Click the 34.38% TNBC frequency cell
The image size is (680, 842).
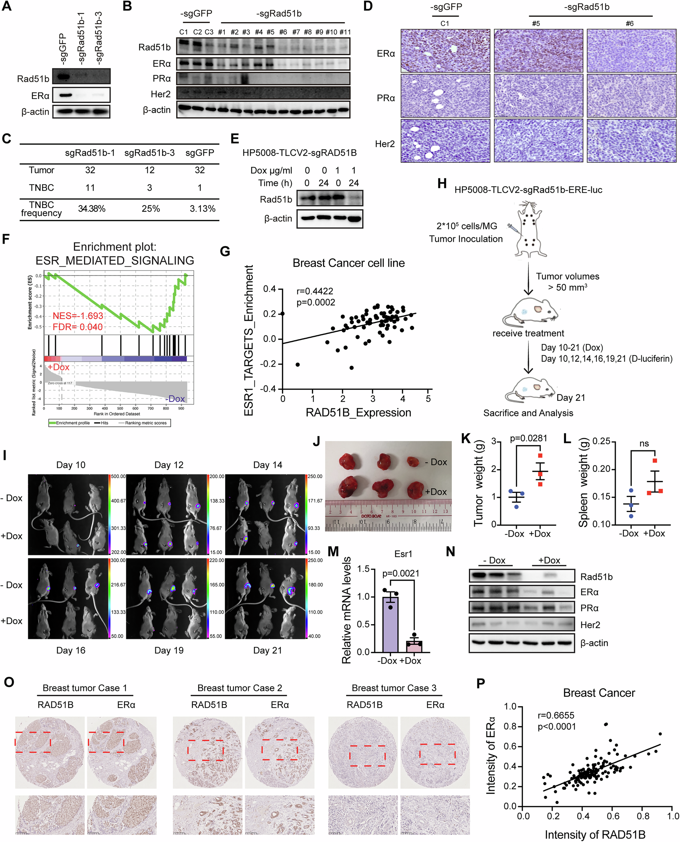(91, 209)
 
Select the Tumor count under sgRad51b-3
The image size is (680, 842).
(150, 170)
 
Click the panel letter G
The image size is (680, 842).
(225, 251)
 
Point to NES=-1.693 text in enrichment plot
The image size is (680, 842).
(78, 316)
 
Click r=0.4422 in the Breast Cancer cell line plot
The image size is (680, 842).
(315, 291)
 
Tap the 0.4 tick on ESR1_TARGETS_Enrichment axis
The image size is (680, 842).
(269, 289)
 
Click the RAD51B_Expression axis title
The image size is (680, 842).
(358, 412)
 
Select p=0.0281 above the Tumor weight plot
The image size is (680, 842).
(529, 438)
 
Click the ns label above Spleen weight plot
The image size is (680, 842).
(644, 444)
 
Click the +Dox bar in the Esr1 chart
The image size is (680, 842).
(414, 646)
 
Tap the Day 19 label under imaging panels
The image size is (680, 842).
(169, 650)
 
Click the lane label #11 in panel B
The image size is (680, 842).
(345, 32)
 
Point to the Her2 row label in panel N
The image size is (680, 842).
(590, 625)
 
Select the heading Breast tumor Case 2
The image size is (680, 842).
(239, 688)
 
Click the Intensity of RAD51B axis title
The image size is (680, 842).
(595, 834)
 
